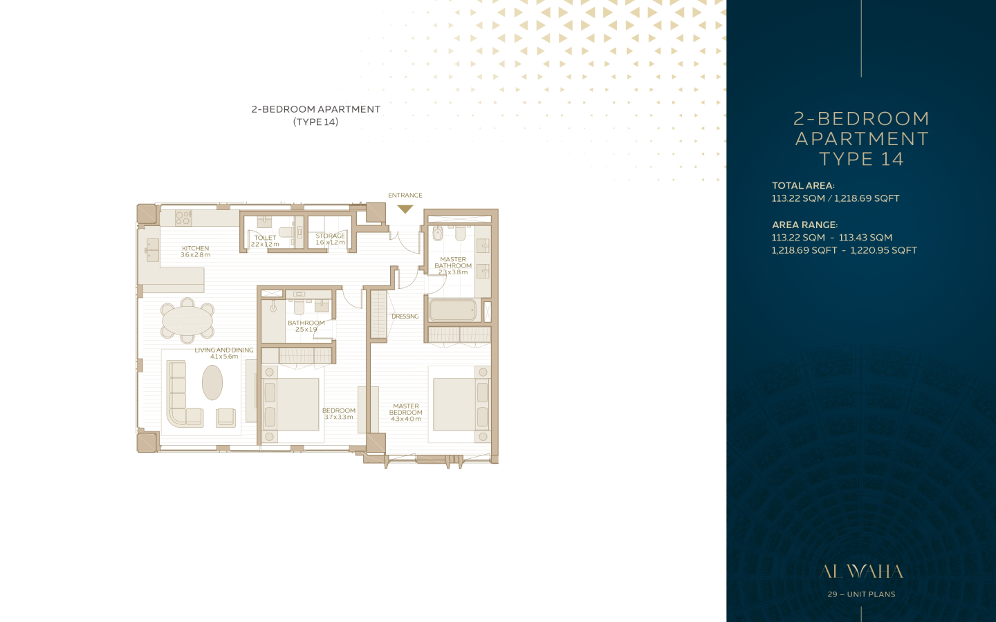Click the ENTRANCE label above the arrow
(405, 195)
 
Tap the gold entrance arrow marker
(405, 209)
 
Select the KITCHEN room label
(195, 248)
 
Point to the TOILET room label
(265, 238)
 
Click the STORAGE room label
(331, 236)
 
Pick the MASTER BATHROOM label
(453, 263)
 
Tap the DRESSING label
(405, 317)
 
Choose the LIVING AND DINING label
(224, 350)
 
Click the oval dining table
(187, 321)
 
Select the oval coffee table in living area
(212, 383)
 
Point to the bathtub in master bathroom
(452, 310)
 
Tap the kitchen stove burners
(183, 218)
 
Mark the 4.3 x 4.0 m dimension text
(406, 419)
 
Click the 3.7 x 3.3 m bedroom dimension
(339, 417)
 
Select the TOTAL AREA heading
(803, 186)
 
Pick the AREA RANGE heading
(805, 225)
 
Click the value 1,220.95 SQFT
(883, 251)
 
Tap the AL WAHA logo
(861, 572)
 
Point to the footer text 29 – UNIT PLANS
(861, 594)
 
